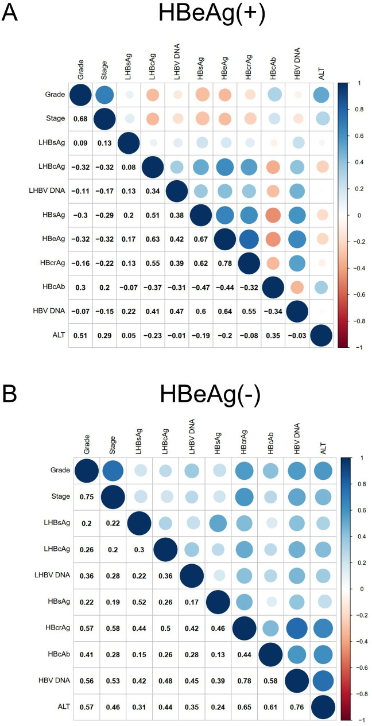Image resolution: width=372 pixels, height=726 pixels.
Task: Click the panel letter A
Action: point(10,13)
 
